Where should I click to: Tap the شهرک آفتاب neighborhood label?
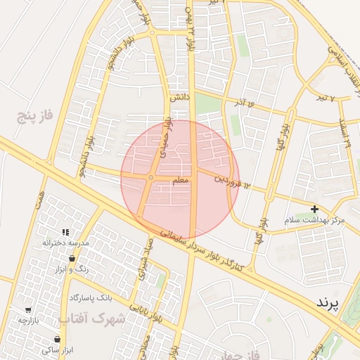click(92, 318)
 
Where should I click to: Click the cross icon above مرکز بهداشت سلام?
click(314, 209)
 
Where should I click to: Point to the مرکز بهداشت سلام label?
click(314, 220)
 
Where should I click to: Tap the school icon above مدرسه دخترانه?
click(65, 232)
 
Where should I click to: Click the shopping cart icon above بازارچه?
click(28, 310)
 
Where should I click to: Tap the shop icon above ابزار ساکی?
click(56, 339)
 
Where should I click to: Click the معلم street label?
click(180, 181)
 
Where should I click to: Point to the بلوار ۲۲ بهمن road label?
click(188, 32)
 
